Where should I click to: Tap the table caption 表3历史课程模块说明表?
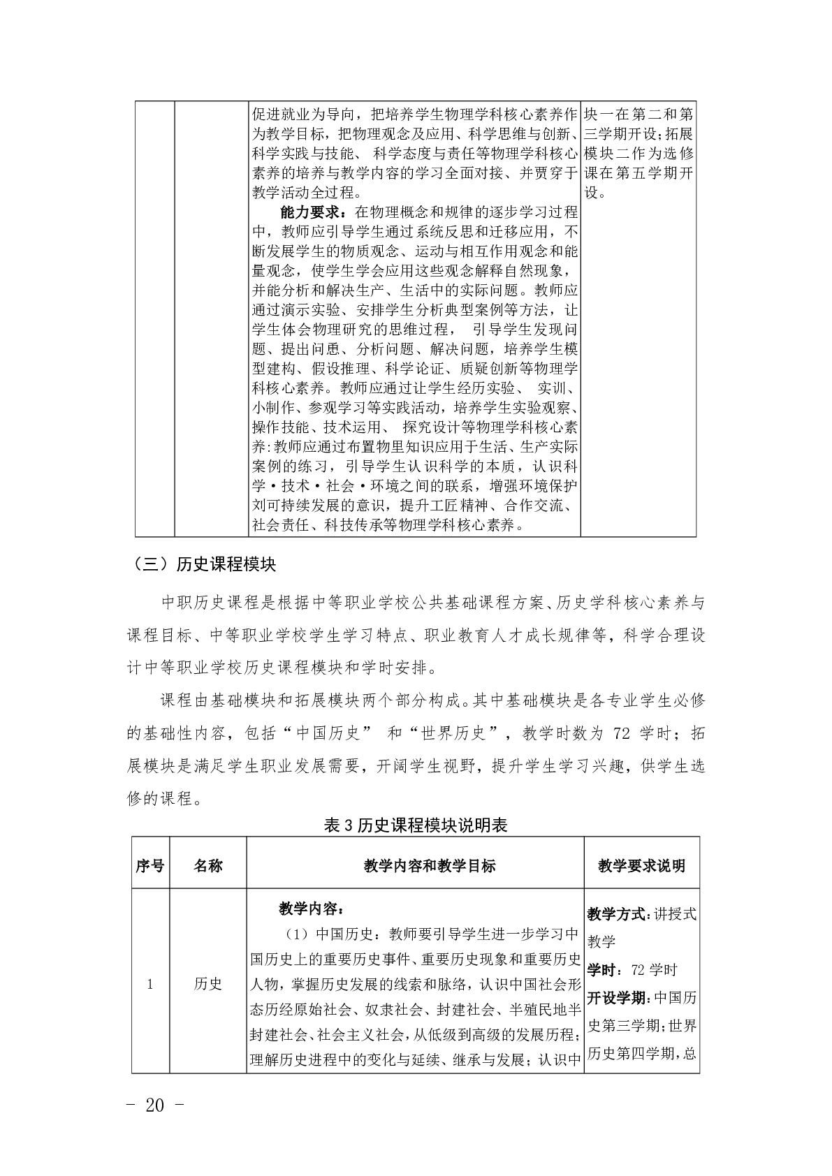coord(416,825)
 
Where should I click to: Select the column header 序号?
coord(150,866)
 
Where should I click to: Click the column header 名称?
coord(207,866)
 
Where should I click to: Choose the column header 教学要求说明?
coord(641,866)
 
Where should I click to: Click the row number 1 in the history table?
coord(150,985)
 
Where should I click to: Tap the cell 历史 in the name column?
coord(207,985)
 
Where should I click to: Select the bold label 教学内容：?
coord(311,909)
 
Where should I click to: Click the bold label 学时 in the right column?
coord(603,970)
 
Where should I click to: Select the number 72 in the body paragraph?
coord(621,733)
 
